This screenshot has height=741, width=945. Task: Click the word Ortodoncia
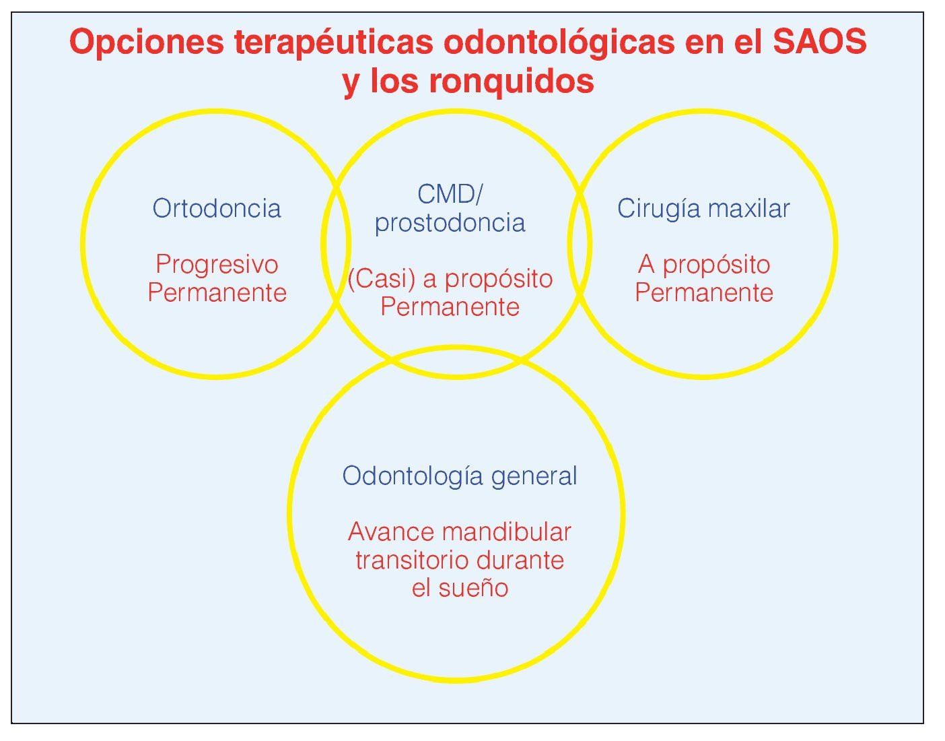(x=217, y=208)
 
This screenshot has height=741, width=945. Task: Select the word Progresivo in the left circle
(x=217, y=265)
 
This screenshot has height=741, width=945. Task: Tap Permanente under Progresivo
(x=217, y=292)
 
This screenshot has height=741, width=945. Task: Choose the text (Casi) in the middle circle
(x=382, y=279)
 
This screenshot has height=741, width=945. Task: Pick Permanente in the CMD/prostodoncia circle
(x=450, y=307)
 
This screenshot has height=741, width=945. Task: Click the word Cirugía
(x=660, y=210)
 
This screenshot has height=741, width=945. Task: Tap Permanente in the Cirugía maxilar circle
(x=704, y=292)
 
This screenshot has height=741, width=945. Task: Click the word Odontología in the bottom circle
(x=413, y=477)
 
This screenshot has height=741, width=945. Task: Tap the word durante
(x=520, y=560)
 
